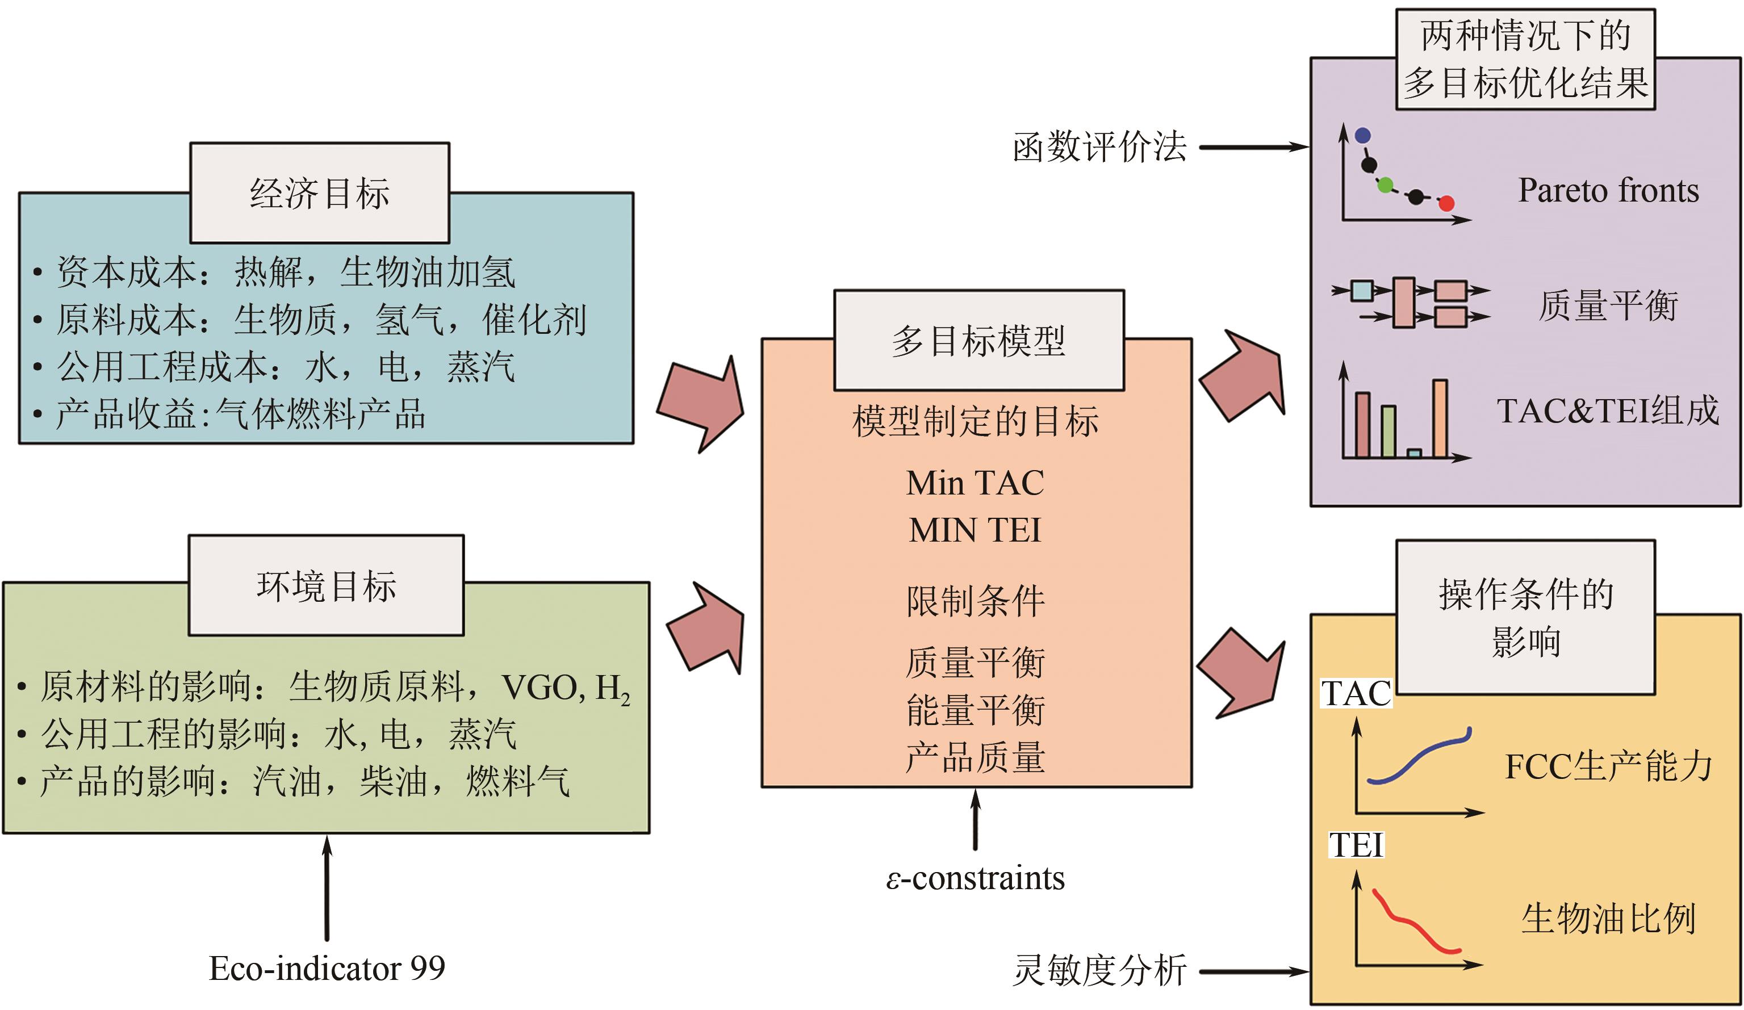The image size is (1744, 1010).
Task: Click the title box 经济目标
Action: point(320,193)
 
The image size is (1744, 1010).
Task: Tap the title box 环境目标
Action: point(326,585)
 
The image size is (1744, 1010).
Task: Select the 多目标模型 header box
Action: point(978,340)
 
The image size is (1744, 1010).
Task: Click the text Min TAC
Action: point(975,483)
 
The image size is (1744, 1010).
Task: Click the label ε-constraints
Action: point(975,878)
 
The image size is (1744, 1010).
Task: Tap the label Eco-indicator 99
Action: point(327,968)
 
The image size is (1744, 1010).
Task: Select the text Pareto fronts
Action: point(1608,190)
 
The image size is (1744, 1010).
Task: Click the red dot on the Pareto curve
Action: point(1446,203)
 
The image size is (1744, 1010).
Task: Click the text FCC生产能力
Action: point(1608,766)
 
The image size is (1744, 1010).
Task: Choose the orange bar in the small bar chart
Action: point(1440,418)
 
